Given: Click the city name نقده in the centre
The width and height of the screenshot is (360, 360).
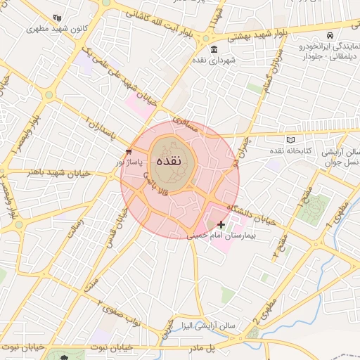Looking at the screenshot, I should click(x=169, y=161).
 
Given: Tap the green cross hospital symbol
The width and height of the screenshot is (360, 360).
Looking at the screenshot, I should click(x=221, y=225).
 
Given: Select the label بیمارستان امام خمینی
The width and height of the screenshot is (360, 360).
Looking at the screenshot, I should click(x=222, y=237).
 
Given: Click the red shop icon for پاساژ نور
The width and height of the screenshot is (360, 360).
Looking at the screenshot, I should click(x=128, y=151).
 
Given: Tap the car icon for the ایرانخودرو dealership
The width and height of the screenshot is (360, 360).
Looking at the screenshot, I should click(x=330, y=35).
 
